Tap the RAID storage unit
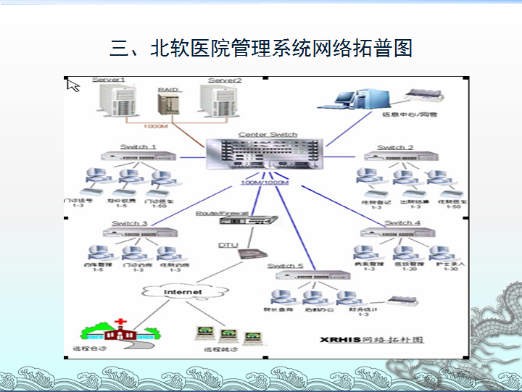(168, 104)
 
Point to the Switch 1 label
(138, 146)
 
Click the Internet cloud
(183, 292)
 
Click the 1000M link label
(155, 127)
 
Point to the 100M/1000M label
(264, 182)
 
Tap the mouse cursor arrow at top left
(72, 85)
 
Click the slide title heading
(261, 49)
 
